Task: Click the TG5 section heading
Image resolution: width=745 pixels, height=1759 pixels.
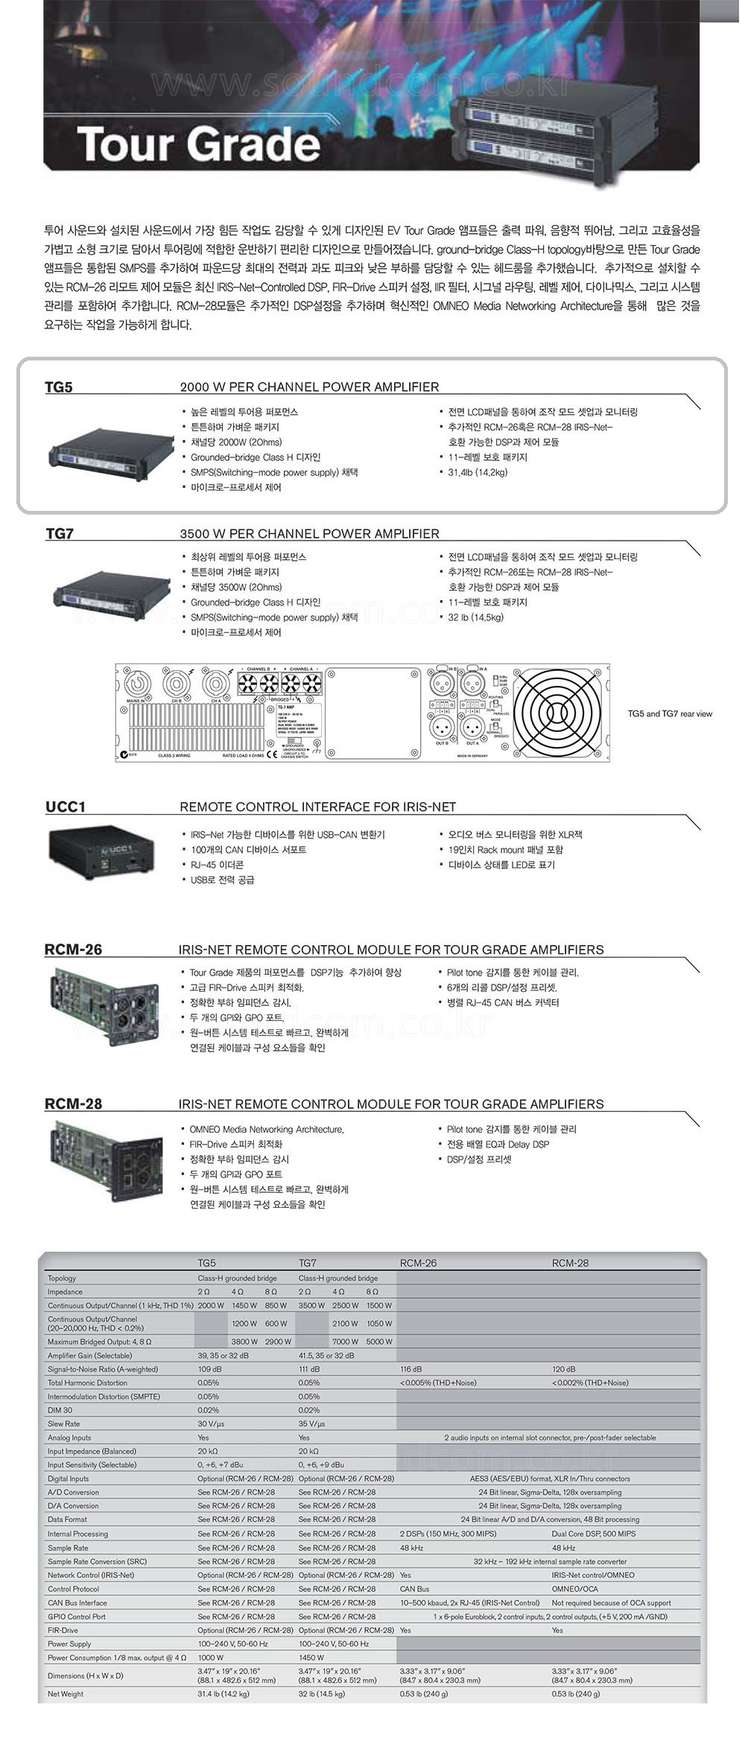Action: click(x=59, y=387)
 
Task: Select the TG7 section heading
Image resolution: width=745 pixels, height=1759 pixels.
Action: click(x=60, y=534)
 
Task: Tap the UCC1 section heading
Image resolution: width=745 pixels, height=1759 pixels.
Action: click(x=66, y=807)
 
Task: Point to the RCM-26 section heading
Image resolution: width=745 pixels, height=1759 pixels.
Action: click(x=73, y=950)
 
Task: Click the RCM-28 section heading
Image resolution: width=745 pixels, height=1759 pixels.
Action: click(x=73, y=1104)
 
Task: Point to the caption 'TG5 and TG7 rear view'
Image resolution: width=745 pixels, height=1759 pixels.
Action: click(x=670, y=714)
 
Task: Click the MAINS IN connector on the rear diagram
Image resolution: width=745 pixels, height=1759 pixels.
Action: click(x=136, y=684)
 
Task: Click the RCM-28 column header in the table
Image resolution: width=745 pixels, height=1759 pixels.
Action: click(x=570, y=1263)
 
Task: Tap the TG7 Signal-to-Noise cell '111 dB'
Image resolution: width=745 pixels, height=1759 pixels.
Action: click(x=309, y=1370)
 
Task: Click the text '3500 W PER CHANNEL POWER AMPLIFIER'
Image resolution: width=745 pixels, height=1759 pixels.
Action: click(x=309, y=534)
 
